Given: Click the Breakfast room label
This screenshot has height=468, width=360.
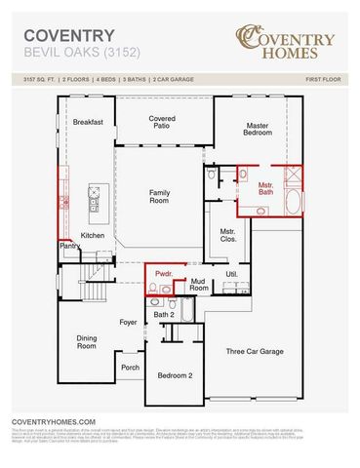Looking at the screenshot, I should point(88,123).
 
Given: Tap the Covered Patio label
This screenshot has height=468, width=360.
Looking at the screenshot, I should point(162,121).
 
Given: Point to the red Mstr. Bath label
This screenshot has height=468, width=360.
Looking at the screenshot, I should point(265,187).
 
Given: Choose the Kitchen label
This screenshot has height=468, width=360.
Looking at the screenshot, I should point(93,235).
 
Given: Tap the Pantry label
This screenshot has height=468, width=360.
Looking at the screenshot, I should point(69,247).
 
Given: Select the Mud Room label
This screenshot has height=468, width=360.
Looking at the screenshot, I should point(198,285).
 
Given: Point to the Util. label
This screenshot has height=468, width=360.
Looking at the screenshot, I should point(231,275).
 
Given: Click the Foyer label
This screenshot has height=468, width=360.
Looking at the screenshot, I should point(128,320).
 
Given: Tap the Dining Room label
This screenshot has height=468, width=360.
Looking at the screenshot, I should point(87,341).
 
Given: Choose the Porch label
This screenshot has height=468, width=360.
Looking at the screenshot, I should point(130,368).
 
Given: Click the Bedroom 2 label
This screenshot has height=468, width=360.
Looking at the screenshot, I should point(175,375).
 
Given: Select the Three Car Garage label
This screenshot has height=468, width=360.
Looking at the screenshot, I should point(255,351).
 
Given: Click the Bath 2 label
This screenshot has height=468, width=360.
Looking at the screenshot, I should point(164,314).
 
